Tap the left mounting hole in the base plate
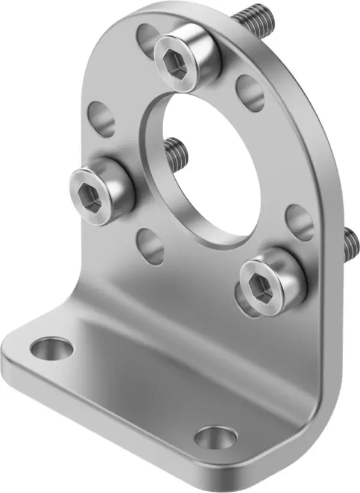52,348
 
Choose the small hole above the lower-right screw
298,222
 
